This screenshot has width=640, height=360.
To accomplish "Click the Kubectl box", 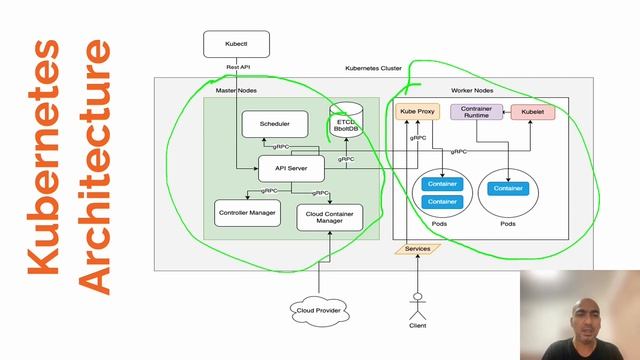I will click(x=236, y=44).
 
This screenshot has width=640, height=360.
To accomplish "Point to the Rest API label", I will click(x=238, y=67).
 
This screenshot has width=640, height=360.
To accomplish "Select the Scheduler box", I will click(x=274, y=124).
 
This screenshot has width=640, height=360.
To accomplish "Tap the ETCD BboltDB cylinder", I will click(x=346, y=124).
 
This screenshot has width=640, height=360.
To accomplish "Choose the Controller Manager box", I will click(x=248, y=213).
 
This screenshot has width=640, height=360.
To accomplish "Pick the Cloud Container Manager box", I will click(x=329, y=217).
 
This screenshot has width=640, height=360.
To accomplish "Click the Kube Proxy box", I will click(x=417, y=112).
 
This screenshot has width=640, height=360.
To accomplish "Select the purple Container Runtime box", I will click(x=476, y=112).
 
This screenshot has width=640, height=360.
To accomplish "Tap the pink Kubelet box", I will click(x=533, y=112).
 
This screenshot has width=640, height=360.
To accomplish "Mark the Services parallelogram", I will click(x=417, y=248).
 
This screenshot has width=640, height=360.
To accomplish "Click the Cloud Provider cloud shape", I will click(x=319, y=310).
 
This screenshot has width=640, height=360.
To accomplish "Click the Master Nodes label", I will click(x=238, y=90).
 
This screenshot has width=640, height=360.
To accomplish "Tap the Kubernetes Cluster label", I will click(x=373, y=68).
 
